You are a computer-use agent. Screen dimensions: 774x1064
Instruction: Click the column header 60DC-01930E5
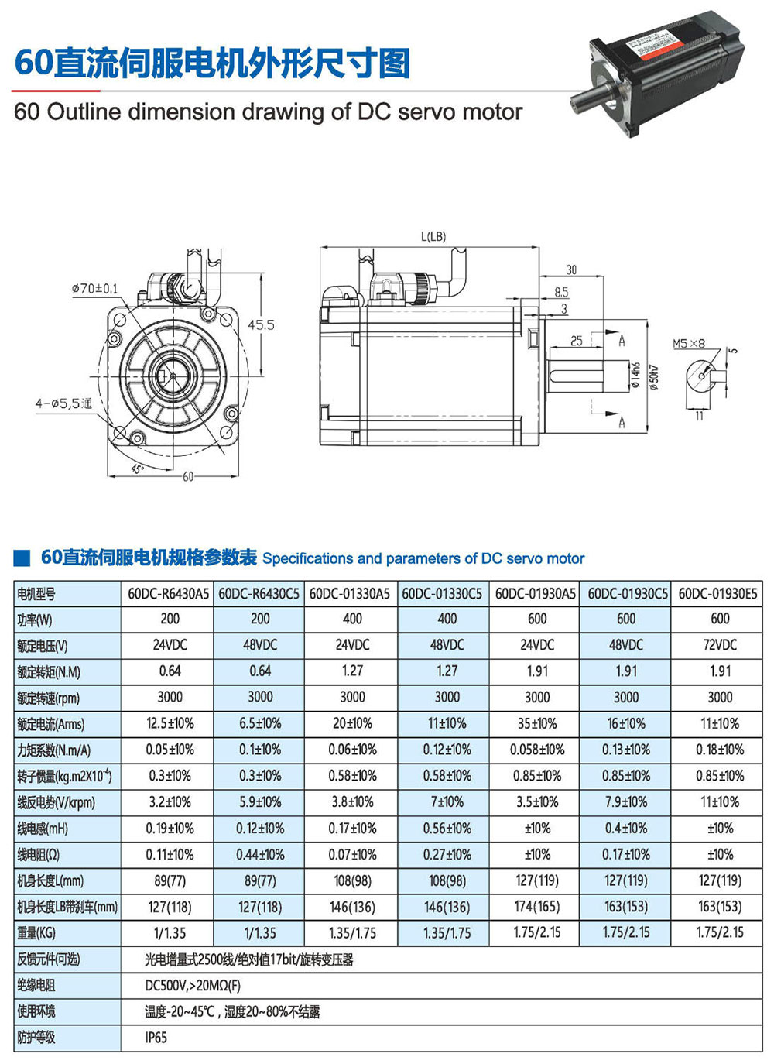(x=717, y=594)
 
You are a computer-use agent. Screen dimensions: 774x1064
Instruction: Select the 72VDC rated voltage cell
(x=720, y=645)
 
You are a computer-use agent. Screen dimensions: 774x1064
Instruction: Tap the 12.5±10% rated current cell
(x=170, y=723)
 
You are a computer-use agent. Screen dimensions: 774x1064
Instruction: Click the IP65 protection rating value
(x=156, y=1038)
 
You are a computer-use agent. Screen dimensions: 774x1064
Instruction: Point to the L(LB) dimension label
(x=433, y=236)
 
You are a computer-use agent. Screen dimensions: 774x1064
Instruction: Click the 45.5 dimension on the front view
(x=261, y=325)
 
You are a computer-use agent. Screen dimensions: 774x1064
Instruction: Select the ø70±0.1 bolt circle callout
(x=95, y=288)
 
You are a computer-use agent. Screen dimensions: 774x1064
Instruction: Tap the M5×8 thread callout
(x=689, y=343)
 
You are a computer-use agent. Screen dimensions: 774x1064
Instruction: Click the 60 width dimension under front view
(x=188, y=476)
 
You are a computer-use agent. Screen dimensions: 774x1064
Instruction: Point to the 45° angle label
(x=137, y=469)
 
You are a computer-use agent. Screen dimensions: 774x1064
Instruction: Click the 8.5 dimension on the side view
(x=561, y=292)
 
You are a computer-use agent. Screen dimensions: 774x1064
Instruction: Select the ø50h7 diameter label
(x=654, y=378)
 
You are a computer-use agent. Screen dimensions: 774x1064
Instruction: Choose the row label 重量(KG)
(x=36, y=933)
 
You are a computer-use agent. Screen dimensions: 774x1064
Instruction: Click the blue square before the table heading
(x=22, y=558)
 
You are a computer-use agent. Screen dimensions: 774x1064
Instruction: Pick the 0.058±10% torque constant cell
(x=537, y=750)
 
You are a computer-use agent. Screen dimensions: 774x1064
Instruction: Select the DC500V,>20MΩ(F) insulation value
(x=193, y=986)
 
